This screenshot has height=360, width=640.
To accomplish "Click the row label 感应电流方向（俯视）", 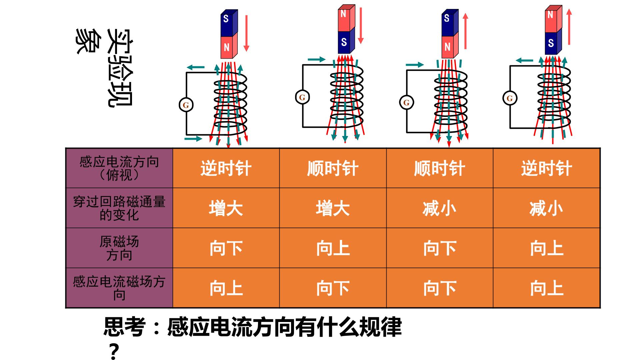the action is (119, 168).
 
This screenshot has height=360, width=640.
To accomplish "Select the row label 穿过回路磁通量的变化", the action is (119, 208).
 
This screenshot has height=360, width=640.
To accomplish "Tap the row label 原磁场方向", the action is (119, 248).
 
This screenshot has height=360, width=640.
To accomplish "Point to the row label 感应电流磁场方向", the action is (119, 288).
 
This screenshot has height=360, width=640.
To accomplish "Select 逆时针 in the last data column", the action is (546, 168).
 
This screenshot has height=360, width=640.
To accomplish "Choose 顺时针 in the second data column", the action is (333, 168).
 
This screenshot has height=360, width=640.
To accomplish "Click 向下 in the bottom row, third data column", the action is (440, 288).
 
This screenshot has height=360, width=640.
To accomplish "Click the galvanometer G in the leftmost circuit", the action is (186, 105).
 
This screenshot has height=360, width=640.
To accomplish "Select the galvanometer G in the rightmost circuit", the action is (510, 98).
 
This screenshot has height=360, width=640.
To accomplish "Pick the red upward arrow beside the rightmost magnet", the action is (569, 27).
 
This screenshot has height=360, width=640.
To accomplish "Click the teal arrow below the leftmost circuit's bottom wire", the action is (193, 138).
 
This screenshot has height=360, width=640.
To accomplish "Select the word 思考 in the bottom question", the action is (125, 327).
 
